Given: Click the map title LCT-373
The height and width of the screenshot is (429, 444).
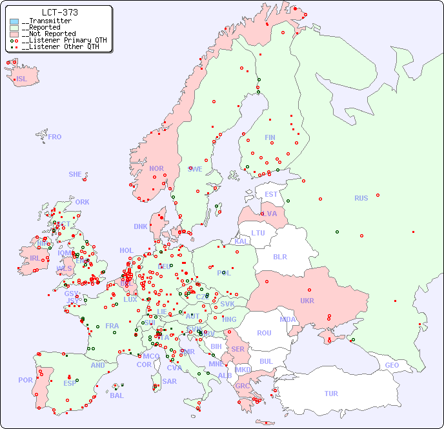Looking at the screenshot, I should pos(59,12).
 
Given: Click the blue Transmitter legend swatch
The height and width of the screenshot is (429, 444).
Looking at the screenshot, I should pos(14,21).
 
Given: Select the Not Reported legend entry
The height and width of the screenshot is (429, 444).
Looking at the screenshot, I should pos(48,34).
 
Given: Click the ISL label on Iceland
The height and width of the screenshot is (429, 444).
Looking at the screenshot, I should pos(22,79).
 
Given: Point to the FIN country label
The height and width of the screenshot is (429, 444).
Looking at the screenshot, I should pos(270,137).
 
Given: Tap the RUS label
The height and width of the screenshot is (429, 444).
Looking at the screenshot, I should pos(361,198).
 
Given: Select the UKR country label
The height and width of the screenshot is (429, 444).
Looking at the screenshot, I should pos(307,301).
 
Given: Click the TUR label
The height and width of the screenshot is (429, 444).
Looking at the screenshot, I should pos(331,394).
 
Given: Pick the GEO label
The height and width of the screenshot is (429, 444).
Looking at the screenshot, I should pos(392,365).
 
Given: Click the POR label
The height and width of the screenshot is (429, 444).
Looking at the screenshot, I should pos(25,380).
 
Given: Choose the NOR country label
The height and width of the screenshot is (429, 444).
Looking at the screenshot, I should pos(156,168).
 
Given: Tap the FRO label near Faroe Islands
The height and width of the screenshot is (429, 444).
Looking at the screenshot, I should pos(55,137).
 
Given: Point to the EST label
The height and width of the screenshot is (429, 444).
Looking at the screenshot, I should pos(271,194).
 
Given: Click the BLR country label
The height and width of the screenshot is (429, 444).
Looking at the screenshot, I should pos(279,256).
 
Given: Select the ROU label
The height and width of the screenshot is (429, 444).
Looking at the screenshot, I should pos(264,333).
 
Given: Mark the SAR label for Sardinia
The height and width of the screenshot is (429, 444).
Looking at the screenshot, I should pos(170,381).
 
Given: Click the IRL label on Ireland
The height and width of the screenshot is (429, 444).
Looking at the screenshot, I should pos(34,257).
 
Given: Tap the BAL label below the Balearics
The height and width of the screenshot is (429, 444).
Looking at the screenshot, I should pos(116,395).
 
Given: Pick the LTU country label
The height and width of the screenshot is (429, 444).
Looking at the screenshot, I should pos(258,233).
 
